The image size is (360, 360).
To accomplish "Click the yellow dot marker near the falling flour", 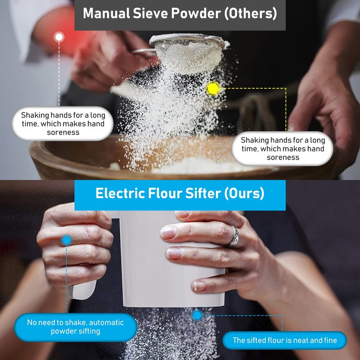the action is point(213,89).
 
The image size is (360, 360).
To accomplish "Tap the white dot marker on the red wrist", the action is point(59,37).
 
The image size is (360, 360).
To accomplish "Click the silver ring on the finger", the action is point(234,237).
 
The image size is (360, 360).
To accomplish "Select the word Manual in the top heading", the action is point(106,13).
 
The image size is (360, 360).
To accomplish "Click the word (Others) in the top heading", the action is point(251,13).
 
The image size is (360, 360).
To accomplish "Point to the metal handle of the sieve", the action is point(143,51).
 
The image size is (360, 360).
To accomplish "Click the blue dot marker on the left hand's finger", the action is point(67,240).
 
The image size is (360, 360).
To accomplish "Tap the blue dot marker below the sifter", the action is point(197,315).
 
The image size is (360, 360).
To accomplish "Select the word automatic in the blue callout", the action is point(107,323).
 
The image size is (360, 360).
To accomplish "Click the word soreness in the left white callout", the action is point(63,132).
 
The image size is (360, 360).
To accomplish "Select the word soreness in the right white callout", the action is point(283,157).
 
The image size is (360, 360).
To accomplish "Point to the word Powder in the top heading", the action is point(196,13).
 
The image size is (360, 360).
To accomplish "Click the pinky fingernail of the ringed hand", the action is point(199,286).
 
